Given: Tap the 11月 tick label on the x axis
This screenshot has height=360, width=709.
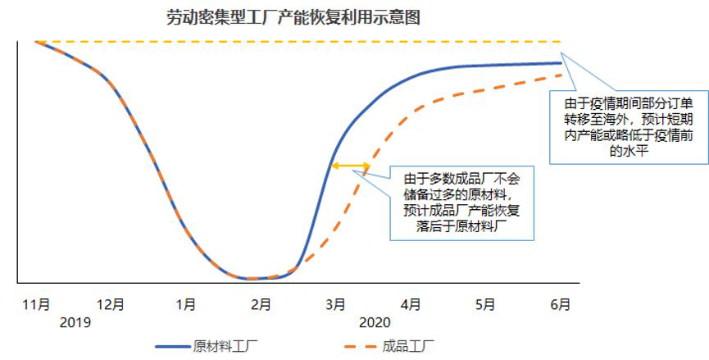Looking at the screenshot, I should coord(36,304).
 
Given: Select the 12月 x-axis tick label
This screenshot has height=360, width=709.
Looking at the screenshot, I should coord(111,304).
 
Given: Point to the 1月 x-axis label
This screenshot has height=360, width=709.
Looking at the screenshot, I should coord(186,304).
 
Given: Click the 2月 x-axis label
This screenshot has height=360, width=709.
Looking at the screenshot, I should coord(261,304).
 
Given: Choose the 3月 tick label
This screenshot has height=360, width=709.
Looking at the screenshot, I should coord(335,304).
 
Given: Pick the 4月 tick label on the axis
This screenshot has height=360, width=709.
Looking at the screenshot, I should coord(410,304).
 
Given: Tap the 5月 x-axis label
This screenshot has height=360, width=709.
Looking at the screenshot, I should coord(485,304).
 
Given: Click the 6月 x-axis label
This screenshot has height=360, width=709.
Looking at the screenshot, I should coord(560,304).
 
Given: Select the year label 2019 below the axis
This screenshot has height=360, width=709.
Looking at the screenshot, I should coord(75,322).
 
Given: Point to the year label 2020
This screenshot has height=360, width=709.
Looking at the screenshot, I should coord(374,322).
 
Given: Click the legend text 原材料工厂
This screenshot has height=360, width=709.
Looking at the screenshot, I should coord(220,345).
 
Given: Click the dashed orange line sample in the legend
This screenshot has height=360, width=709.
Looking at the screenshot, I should coord(358,345).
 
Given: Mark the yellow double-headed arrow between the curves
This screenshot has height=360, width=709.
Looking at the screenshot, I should coord(350,166).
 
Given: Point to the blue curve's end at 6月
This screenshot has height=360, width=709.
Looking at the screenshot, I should coord(561,62).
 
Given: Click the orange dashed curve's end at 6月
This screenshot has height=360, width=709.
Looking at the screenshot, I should coord(561,75).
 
